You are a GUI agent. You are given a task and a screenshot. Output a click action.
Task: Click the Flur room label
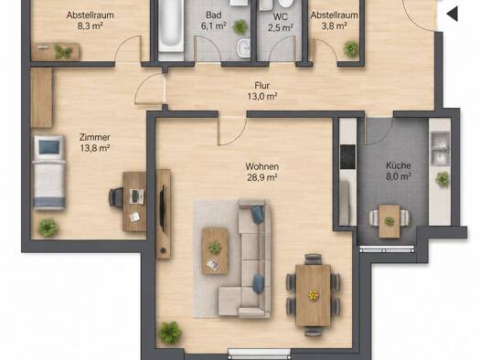pyautogui.click(x=262, y=85)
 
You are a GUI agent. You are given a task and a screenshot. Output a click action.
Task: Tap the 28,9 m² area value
pyautogui.click(x=262, y=177)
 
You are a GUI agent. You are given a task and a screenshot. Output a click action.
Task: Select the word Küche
pyautogui.click(x=399, y=165)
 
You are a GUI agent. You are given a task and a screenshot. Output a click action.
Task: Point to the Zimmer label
pyautogui.click(x=94, y=137)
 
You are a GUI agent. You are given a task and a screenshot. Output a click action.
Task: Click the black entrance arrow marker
pyautogui.click(x=453, y=14)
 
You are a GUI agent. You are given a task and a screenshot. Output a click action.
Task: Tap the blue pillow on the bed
pyautogui.click(x=49, y=147)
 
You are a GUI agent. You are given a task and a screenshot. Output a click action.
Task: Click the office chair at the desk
pyautogui.click(x=116, y=197)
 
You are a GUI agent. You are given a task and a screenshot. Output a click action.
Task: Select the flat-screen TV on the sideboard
pyautogui.click(x=162, y=208)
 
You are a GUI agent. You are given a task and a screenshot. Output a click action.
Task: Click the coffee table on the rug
pyautogui.click(x=215, y=250)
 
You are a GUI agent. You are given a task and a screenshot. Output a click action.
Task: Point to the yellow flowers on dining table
pyautogui.click(x=314, y=295)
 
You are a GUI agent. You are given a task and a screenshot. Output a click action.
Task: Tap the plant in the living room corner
pyautogui.click(x=169, y=333)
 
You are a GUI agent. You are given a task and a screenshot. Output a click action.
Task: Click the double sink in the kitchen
pyautogui.click(x=440, y=149)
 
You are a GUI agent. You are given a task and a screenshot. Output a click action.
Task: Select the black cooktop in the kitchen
pyautogui.click(x=348, y=157)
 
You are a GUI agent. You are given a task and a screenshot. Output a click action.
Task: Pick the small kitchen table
pyautogui.click(x=389, y=221)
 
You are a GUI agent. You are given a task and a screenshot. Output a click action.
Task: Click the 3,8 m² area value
pyautogui.click(x=334, y=26)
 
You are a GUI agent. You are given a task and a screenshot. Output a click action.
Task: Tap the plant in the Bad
pyautogui.click(x=240, y=26)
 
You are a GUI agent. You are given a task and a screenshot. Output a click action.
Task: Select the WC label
pyautogui.click(x=280, y=16)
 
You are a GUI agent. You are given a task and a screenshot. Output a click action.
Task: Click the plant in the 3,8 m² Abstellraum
pyautogui.click(x=351, y=48)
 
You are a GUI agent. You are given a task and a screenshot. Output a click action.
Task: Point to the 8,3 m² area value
pyautogui.click(x=90, y=26)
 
